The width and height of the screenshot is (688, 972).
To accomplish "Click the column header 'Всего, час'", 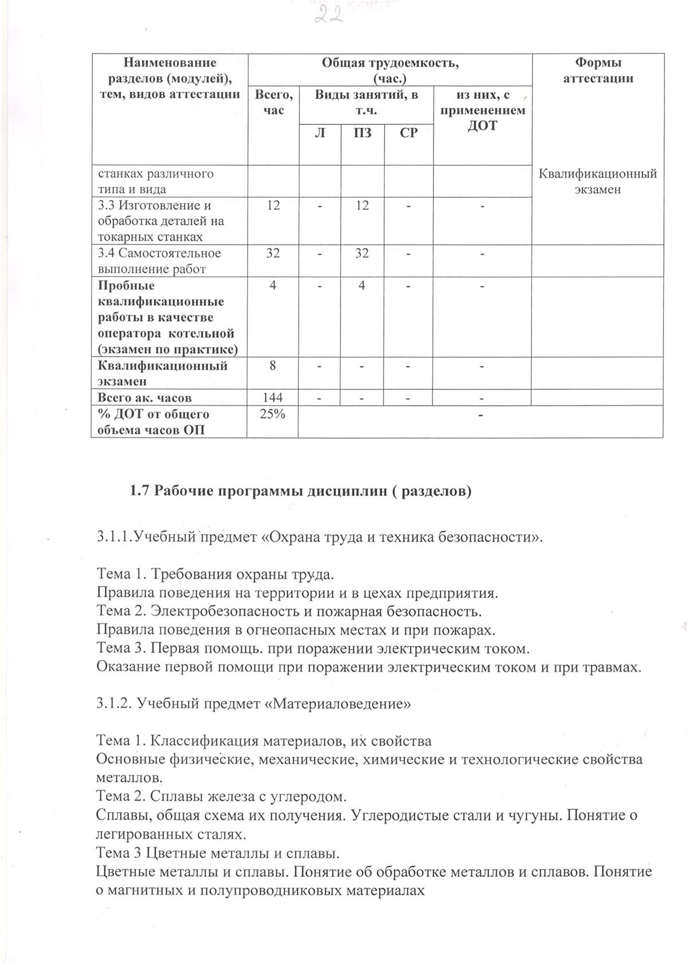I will tap(273, 102).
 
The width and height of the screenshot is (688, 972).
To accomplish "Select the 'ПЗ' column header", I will tap(362, 133).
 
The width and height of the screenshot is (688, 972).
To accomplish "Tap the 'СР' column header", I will tap(408, 133).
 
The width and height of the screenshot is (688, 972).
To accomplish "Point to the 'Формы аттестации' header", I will tap(598, 70).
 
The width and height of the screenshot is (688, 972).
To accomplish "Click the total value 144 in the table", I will tap(273, 398).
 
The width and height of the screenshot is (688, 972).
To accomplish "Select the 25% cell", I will tap(272, 414).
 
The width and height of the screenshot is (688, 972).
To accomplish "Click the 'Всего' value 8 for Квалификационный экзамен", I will tap(273, 366).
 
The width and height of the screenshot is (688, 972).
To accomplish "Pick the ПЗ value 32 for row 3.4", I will tap(362, 253).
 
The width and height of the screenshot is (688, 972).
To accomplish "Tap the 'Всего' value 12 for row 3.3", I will tap(273, 205).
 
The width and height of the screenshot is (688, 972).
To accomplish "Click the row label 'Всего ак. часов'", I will tap(144, 398).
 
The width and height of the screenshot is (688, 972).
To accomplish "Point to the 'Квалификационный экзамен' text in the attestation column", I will tap(598, 181).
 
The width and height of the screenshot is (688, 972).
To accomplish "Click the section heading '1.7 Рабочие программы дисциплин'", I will tap(300, 491).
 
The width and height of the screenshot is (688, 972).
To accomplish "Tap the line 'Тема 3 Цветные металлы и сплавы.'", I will tap(218, 853).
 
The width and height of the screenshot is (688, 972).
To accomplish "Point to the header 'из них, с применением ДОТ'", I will tap(482, 110).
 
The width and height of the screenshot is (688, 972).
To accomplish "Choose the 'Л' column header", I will tap(320, 133).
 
